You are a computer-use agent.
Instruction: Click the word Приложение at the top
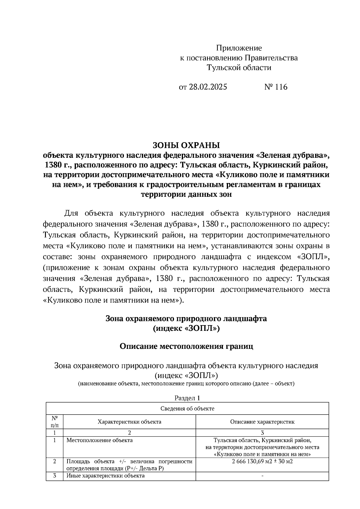[x=239, y=48]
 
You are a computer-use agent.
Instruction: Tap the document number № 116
[x=276, y=87]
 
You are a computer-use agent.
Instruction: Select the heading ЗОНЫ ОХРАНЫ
[x=186, y=145]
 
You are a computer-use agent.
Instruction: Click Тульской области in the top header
[x=239, y=68]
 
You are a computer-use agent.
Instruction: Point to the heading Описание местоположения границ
[x=186, y=346]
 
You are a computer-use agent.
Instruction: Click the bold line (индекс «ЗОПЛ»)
[x=186, y=329]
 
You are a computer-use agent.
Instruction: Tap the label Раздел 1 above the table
[x=187, y=398]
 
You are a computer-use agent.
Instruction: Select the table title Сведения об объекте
[x=187, y=409]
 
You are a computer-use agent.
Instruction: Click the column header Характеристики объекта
[x=129, y=422]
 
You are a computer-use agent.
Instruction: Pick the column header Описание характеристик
[x=262, y=422]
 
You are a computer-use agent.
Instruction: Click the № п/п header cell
[x=54, y=421]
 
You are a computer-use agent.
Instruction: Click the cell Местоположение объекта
[x=99, y=440]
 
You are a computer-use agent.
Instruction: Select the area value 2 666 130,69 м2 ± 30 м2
[x=262, y=461]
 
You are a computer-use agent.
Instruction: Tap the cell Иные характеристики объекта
[x=105, y=476]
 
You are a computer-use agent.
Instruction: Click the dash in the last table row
[x=262, y=476]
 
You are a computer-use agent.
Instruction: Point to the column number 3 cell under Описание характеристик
[x=262, y=433]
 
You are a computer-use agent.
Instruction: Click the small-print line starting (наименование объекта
[x=186, y=384]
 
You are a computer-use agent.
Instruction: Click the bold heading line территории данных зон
[x=186, y=194]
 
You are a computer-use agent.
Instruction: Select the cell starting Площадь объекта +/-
[x=129, y=465]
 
